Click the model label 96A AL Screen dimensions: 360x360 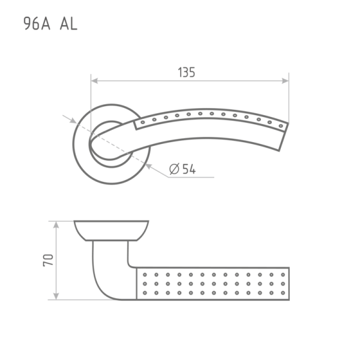coord(50,24)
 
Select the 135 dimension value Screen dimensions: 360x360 coord(187,73)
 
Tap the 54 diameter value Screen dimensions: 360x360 coord(189,169)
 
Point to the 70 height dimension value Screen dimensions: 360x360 coord(48,260)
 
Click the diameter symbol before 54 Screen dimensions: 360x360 coord(174,169)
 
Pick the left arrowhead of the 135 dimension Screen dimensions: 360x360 coord(94,81)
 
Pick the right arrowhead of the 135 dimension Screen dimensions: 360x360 coord(285,81)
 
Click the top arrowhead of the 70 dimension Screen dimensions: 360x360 coord(56,225)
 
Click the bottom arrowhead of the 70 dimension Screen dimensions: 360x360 coord(56,296)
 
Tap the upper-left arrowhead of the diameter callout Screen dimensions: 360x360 coord(73,121)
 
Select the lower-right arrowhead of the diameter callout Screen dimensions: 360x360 coord(149,166)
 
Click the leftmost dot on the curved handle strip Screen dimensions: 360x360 coord(143,122)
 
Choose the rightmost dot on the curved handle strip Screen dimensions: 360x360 coord(281,126)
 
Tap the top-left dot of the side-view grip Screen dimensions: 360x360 coord(145,275)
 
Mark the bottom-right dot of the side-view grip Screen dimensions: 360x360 coord(283,293)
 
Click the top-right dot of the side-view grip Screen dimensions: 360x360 coord(283,275)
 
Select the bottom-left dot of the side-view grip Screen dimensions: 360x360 coord(145,293)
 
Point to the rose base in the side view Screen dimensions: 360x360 coord(112,230)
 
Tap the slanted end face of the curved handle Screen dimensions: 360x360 coord(284,137)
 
